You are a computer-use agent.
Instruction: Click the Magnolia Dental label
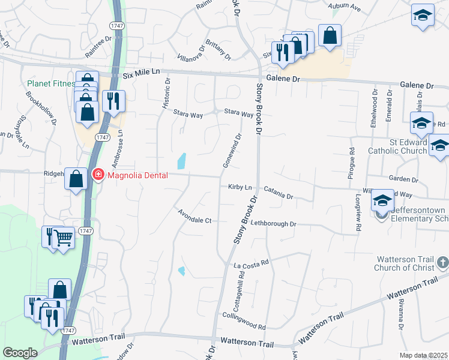(x=137, y=175)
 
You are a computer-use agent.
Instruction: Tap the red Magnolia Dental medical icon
(x=97, y=175)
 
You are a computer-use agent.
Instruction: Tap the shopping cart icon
(x=63, y=238)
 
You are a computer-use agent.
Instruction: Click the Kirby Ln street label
(x=240, y=187)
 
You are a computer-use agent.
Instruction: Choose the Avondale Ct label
(x=195, y=216)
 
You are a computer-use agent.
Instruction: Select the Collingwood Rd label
(x=244, y=320)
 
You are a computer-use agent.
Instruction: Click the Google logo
(x=20, y=353)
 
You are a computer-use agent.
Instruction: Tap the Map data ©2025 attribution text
(x=424, y=355)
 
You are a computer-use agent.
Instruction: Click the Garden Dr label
(x=403, y=179)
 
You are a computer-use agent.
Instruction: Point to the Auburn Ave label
(x=345, y=8)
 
